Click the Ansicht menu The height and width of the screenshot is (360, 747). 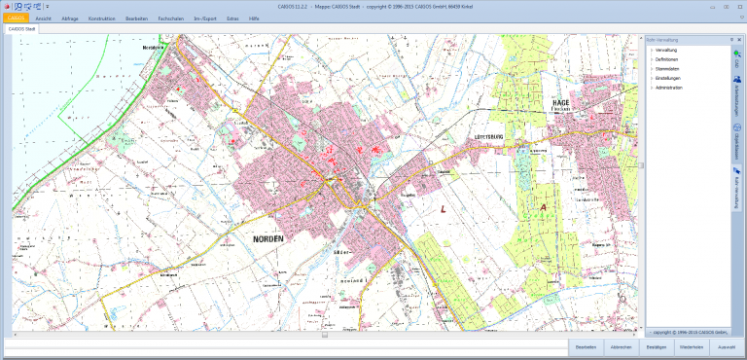point(43,18)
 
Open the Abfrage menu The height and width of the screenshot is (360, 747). point(70,18)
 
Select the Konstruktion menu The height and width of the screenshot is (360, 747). point(101,18)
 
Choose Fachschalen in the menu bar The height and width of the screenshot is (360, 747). point(170,18)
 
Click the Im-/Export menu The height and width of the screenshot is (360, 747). point(204,18)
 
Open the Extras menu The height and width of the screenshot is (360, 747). point(231,18)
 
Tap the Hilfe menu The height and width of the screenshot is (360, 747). point(254,18)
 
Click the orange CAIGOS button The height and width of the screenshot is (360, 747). point(15,18)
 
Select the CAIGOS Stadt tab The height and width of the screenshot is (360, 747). point(22,29)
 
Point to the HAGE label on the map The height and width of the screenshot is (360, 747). point(559,102)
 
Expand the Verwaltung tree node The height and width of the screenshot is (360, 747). point(666,49)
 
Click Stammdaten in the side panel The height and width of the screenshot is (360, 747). point(668,68)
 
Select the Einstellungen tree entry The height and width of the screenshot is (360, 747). point(669,78)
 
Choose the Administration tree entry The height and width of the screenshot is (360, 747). point(669,88)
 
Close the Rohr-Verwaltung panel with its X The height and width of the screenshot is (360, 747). point(738,39)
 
